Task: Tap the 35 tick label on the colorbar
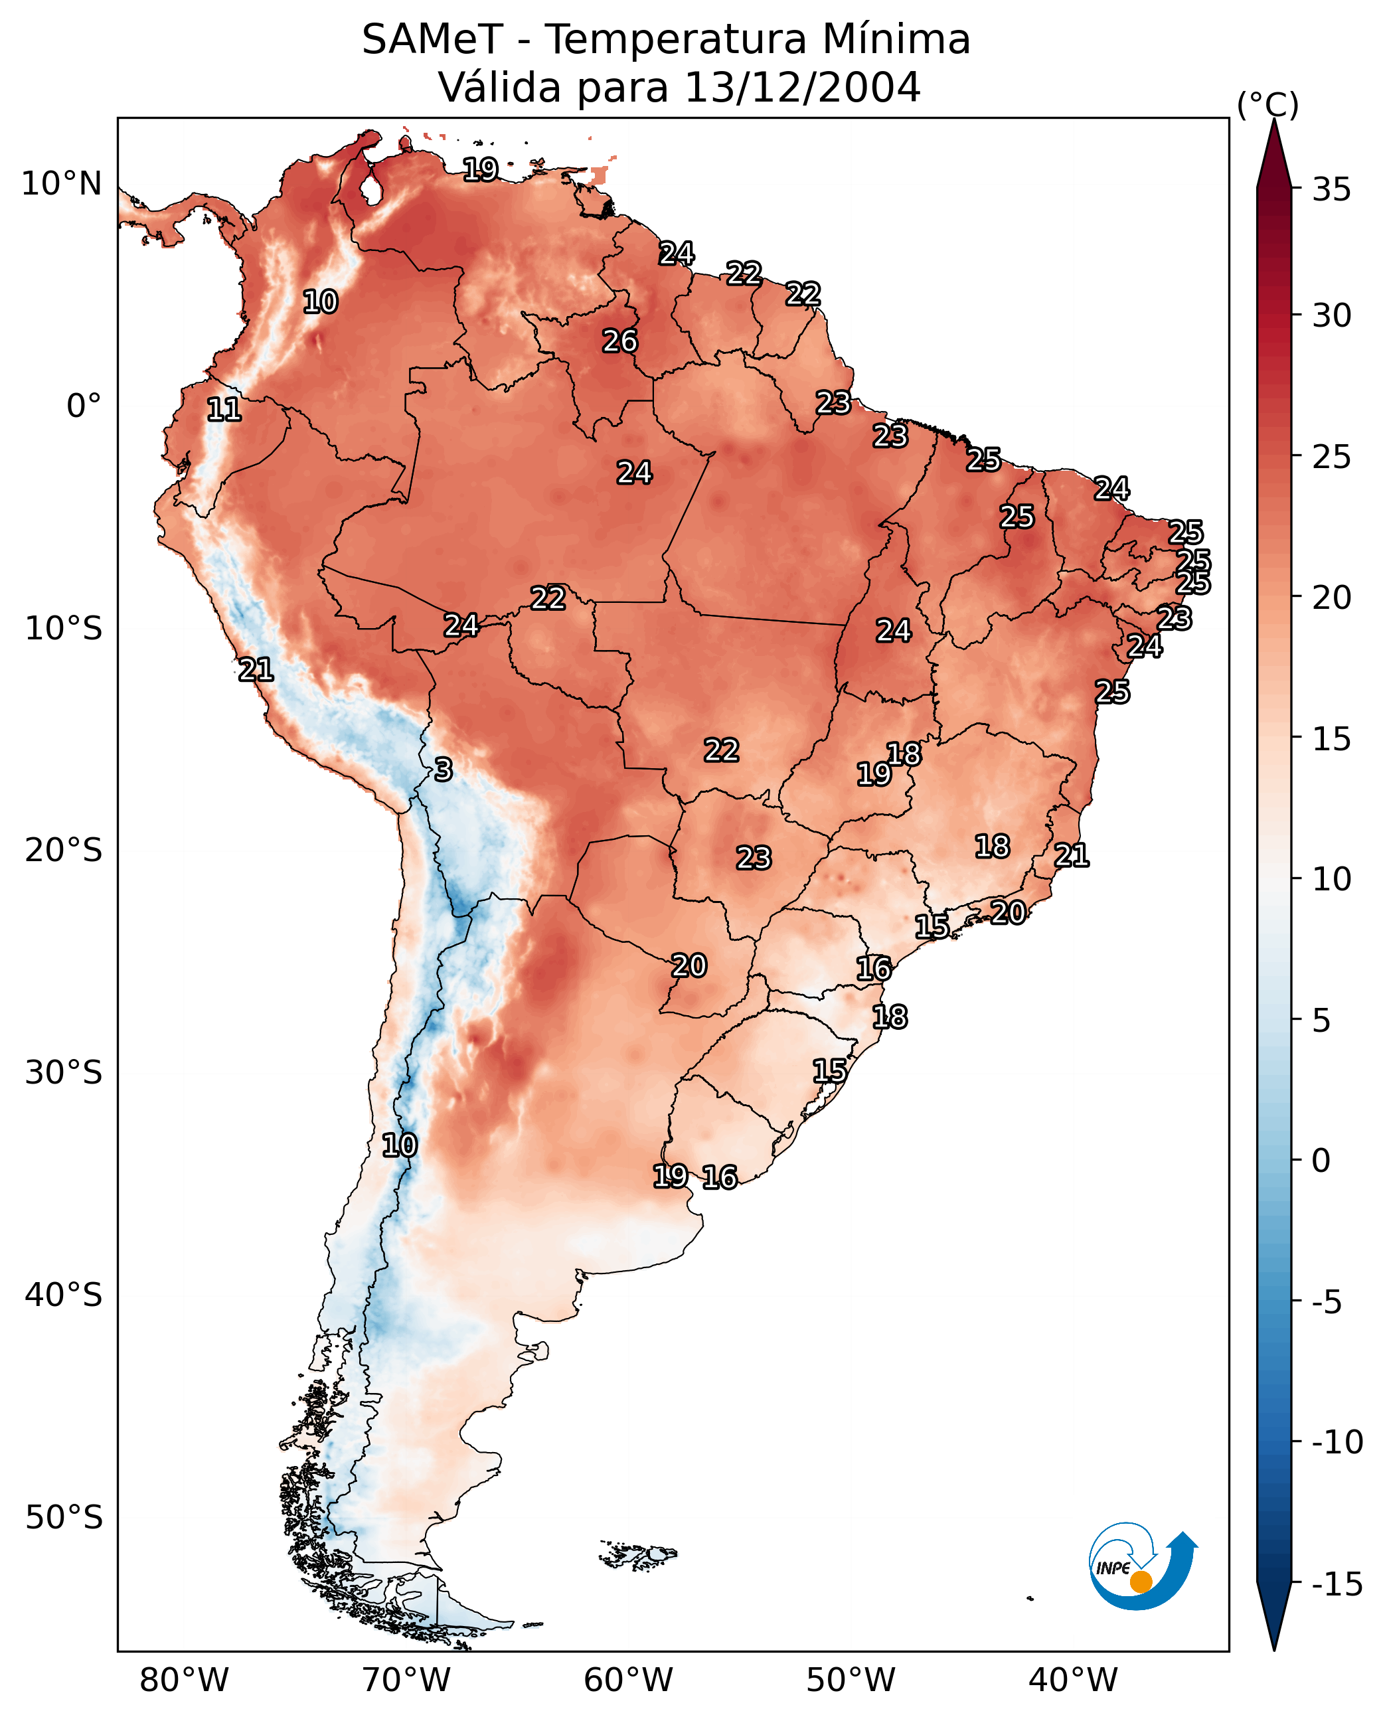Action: tap(1331, 190)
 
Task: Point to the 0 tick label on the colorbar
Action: tap(1321, 1161)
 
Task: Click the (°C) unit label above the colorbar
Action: tap(1267, 104)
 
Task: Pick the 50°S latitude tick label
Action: tap(64, 1516)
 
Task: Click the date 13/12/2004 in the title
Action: tap(802, 87)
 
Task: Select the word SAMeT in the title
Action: tap(432, 39)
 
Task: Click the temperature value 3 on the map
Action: tap(444, 770)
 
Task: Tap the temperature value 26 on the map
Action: tap(620, 341)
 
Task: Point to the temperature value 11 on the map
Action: tap(224, 410)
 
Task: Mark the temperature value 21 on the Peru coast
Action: tap(256, 670)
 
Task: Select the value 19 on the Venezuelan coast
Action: tap(481, 169)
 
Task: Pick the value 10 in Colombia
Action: tap(321, 302)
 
